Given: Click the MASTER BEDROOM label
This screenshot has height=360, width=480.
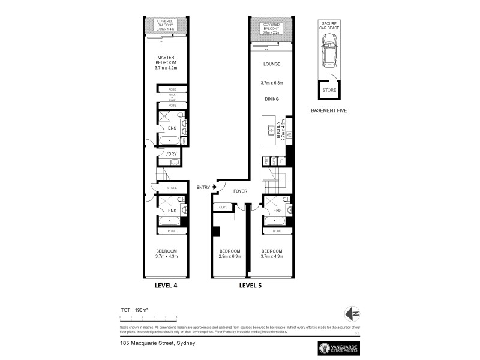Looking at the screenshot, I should (166, 62).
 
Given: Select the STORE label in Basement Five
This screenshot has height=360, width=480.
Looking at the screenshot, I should (328, 91).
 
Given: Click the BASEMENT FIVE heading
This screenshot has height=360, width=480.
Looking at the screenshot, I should (328, 111).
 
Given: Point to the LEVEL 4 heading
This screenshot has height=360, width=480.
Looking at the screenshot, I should (166, 286).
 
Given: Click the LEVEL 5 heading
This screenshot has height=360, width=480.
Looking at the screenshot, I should (252, 286).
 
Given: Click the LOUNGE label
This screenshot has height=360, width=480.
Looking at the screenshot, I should (271, 64).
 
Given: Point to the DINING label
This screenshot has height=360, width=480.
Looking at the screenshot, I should (271, 99).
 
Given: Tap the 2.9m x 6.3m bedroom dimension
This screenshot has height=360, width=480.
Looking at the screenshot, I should (230, 256).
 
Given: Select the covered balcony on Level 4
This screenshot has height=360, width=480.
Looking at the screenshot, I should (166, 26).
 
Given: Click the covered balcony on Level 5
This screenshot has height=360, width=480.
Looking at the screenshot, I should (271, 28).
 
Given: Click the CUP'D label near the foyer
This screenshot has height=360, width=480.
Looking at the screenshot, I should (223, 208).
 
